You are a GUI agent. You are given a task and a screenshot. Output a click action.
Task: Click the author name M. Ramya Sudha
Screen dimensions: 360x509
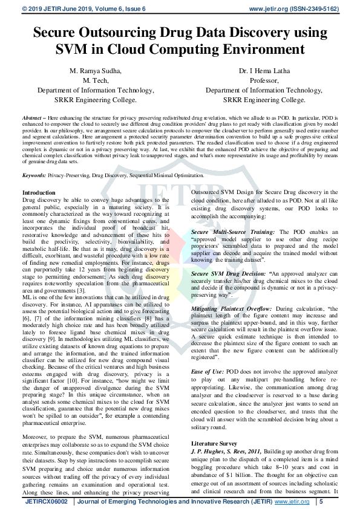(x=96, y=71)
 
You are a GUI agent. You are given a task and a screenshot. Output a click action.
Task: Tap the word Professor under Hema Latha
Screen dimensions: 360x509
(x=264, y=80)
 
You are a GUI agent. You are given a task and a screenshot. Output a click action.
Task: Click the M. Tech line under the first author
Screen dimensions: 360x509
(x=96, y=80)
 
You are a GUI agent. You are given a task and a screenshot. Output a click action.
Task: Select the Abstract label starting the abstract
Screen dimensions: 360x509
(x=33, y=117)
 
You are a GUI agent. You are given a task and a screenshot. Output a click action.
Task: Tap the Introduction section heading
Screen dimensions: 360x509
(x=38, y=192)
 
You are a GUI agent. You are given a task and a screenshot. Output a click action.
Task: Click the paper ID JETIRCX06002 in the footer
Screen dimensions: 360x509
(x=42, y=502)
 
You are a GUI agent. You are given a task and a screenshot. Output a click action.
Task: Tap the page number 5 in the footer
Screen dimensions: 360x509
(x=321, y=502)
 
